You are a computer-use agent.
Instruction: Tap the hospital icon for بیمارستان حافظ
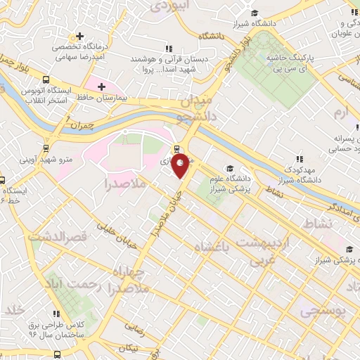(x=102, y=87)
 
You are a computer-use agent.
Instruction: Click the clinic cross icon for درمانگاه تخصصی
(x=81, y=36)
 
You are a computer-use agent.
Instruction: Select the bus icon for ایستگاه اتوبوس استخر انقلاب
(x=46, y=79)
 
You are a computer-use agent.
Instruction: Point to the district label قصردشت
(x=56, y=237)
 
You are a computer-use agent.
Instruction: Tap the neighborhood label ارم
(x=341, y=112)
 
